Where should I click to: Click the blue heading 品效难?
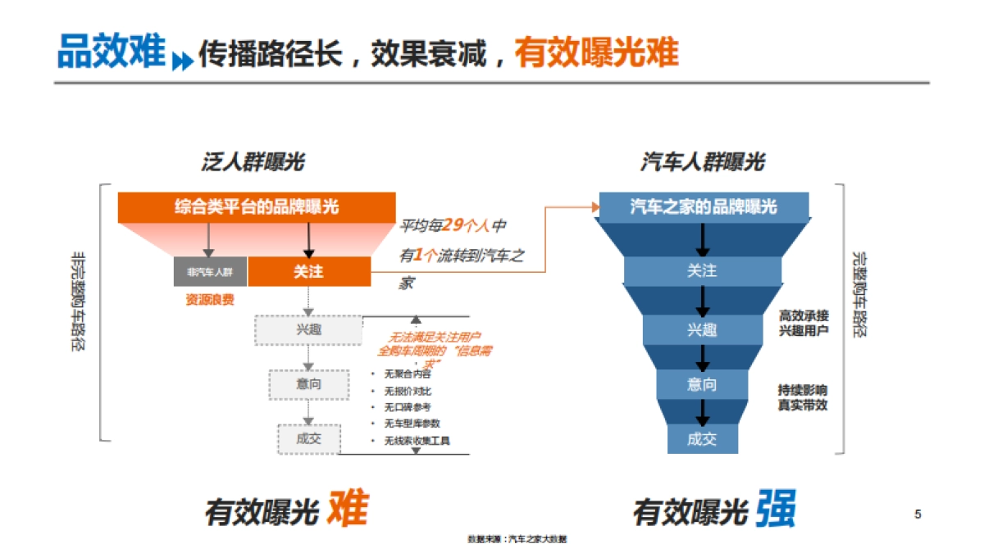pyautogui.click(x=111, y=51)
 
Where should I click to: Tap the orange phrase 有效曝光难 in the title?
pyautogui.click(x=596, y=52)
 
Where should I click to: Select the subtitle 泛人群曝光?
pyautogui.click(x=253, y=162)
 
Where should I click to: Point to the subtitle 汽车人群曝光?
pyautogui.click(x=702, y=162)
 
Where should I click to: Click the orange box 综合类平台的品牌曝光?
pyautogui.click(x=256, y=206)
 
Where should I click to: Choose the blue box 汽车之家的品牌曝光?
pyautogui.click(x=703, y=206)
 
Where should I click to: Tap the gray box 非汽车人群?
pyautogui.click(x=210, y=272)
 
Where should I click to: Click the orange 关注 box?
pyautogui.click(x=308, y=272)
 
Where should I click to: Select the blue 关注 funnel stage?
pyautogui.click(x=702, y=270)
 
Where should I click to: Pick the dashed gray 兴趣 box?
pyautogui.click(x=308, y=329)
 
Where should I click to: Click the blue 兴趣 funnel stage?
pyautogui.click(x=702, y=329)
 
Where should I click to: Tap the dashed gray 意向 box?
pyautogui.click(x=308, y=383)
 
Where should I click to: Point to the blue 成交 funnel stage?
pyautogui.click(x=702, y=438)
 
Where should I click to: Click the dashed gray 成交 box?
pyautogui.click(x=308, y=438)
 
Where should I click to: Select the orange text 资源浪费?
pyautogui.click(x=210, y=300)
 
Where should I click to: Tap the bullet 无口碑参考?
pyautogui.click(x=407, y=407)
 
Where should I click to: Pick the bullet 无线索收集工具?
pyautogui.click(x=417, y=441)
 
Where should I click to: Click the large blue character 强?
pyautogui.click(x=775, y=510)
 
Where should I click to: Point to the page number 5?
pyautogui.click(x=918, y=514)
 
